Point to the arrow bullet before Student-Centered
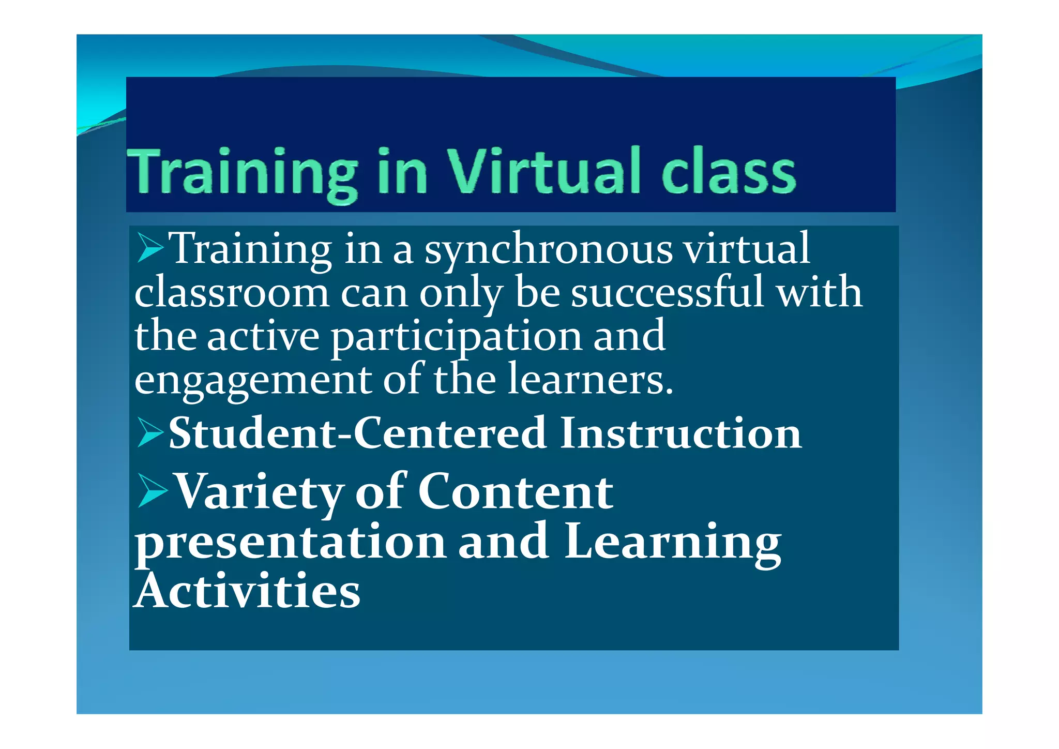[x=150, y=432]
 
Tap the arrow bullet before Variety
[x=152, y=491]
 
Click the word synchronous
[x=549, y=250]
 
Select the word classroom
[x=232, y=293]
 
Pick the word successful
[x=668, y=292]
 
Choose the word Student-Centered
[x=357, y=432]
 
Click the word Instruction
[x=680, y=432]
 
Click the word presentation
[x=290, y=543]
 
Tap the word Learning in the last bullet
[x=673, y=543]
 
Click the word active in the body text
[x=263, y=336]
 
